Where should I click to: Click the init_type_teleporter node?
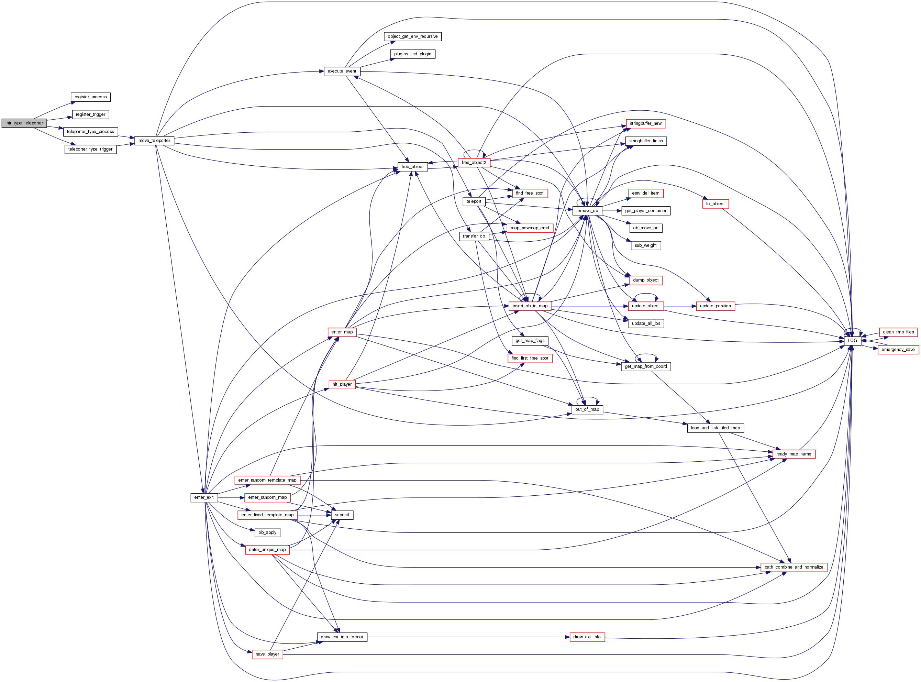[24, 123]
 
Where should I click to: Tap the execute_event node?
[342, 71]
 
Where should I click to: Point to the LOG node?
[852, 341]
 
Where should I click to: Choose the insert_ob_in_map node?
[530, 306]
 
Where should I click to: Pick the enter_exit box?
[204, 497]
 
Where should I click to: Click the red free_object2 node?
[474, 163]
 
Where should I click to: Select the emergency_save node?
[898, 350]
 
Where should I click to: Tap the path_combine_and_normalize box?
[794, 567]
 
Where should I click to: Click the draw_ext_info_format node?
[342, 637]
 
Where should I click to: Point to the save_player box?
[267, 654]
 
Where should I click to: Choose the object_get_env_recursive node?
[412, 37]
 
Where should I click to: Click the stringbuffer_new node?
[645, 123]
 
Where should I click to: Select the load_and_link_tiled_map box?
[715, 428]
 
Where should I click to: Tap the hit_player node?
[342, 384]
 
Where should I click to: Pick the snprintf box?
[342, 515]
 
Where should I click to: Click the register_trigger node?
[90, 115]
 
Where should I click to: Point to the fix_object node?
[715, 204]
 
